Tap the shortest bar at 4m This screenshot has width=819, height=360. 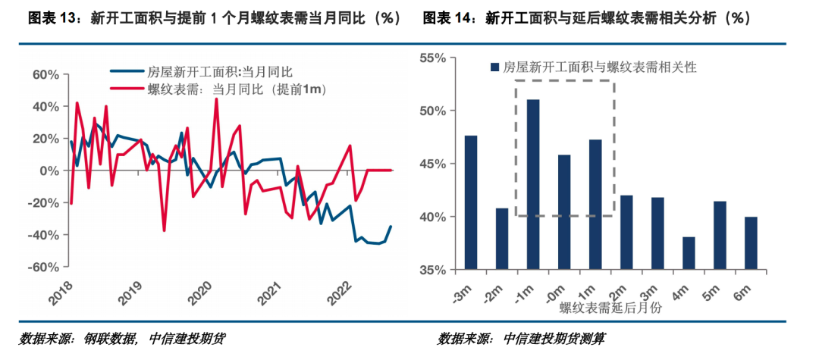[x=689, y=253]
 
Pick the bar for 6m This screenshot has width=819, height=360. [x=751, y=243]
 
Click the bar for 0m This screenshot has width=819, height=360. [x=564, y=212]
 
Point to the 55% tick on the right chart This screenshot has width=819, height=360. [x=438, y=58]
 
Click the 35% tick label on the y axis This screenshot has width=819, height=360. [x=438, y=270]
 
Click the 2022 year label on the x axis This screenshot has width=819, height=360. [x=336, y=292]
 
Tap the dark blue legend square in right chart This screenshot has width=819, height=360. [x=495, y=67]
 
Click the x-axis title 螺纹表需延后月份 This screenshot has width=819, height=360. [x=610, y=308]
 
